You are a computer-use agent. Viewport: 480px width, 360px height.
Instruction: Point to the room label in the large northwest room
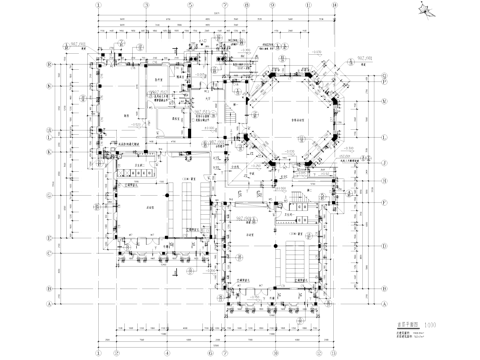pyautogui.click(x=127, y=116)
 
